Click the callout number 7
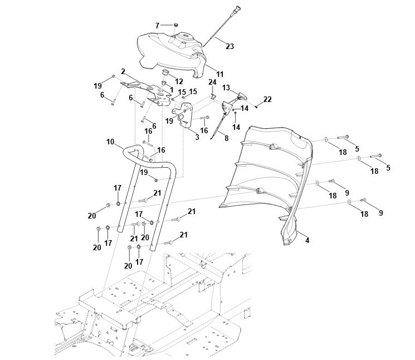pyautogui.click(x=158, y=25)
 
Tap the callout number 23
pyautogui.click(x=230, y=47)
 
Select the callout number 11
pyautogui.click(x=219, y=74)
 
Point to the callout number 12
pyautogui.click(x=179, y=81)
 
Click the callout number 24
pyautogui.click(x=212, y=82)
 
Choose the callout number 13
pyautogui.click(x=226, y=87)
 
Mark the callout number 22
pyautogui.click(x=267, y=99)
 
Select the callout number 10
pyautogui.click(x=110, y=143)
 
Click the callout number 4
pyautogui.click(x=307, y=240)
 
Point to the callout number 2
pyautogui.click(x=122, y=72)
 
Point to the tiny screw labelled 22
pyautogui.click(x=255, y=104)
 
